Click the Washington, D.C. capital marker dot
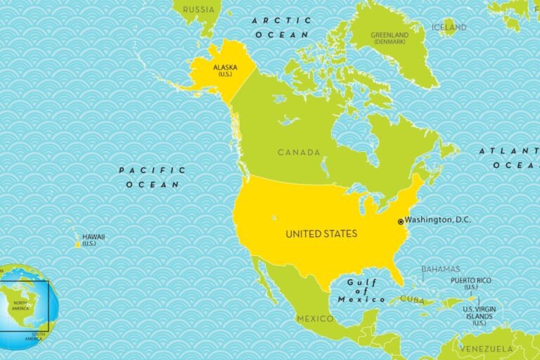coord(401,221)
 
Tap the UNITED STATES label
coord(321,233)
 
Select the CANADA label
coord(299,152)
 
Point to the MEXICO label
coord(314,319)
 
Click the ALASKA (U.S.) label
coord(226,70)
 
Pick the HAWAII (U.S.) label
coord(93,240)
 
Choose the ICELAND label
coord(449,27)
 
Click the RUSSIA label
coord(198,10)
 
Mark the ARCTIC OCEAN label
coord(281,27)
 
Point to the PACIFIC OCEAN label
coord(153,177)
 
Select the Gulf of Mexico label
coord(361,290)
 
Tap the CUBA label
coord(413,300)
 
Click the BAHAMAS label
coord(440,269)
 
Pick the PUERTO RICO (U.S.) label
coord(471,283)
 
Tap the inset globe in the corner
coord(27,307)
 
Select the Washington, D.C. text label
coord(438,220)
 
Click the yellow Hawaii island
coord(78,245)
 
